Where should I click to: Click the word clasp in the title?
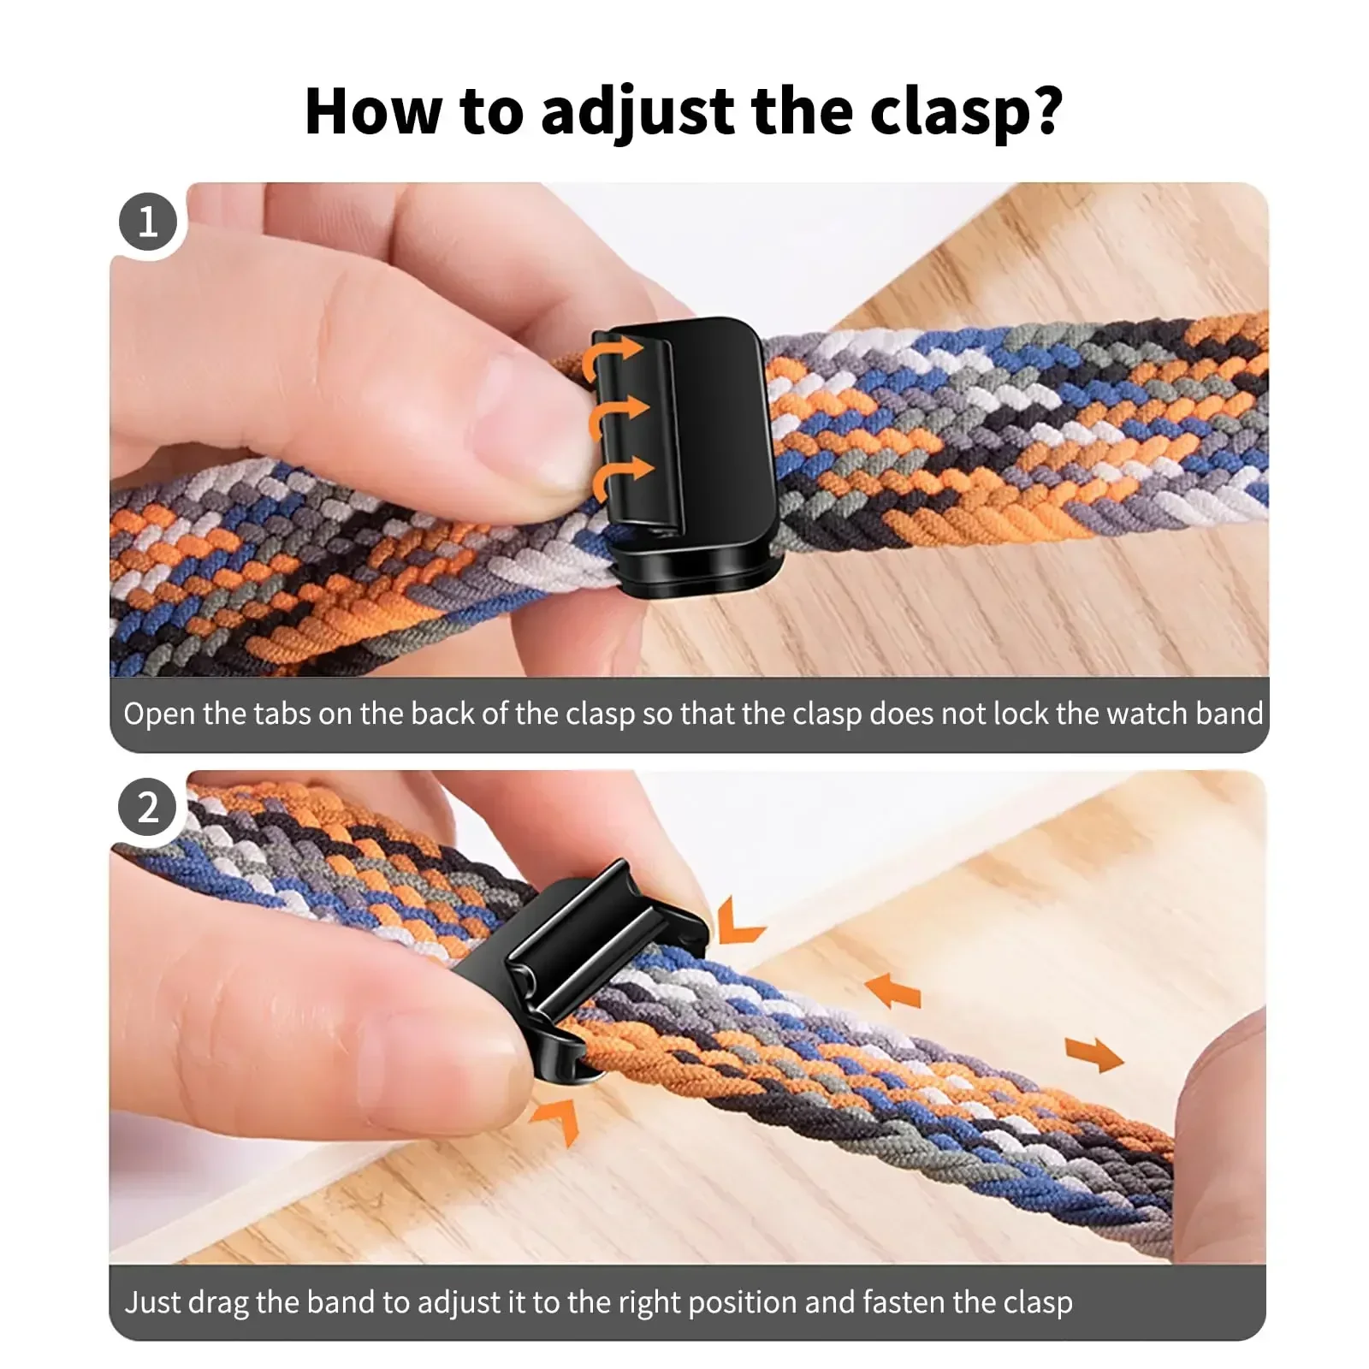click(x=945, y=111)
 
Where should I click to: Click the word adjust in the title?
click(x=637, y=111)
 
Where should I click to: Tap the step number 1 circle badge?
click(x=148, y=222)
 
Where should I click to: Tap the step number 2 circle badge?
click(x=148, y=807)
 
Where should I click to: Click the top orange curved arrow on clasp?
click(x=610, y=358)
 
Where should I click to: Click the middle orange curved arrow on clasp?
click(x=616, y=415)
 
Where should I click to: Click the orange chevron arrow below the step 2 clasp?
click(x=557, y=1117)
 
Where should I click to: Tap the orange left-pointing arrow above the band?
click(x=893, y=991)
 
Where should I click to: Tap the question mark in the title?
click(x=1046, y=111)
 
